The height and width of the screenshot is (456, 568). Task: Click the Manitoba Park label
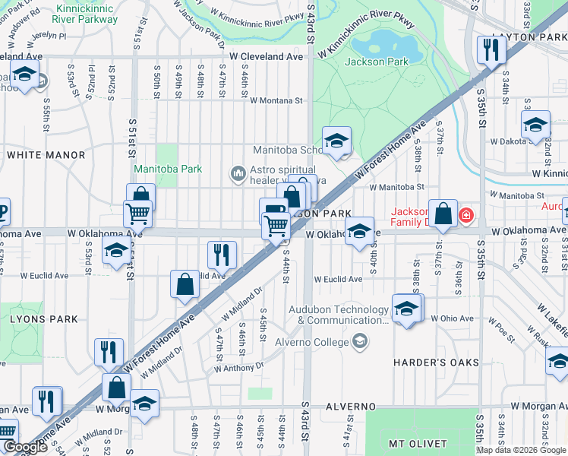coord(168,169)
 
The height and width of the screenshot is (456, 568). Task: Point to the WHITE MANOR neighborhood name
coord(46,155)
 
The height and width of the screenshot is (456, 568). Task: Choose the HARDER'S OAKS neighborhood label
coord(436,363)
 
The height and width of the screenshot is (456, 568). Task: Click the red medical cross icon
coord(465,217)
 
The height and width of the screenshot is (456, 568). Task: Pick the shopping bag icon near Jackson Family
coord(443,213)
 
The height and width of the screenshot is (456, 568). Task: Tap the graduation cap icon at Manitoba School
coord(336,141)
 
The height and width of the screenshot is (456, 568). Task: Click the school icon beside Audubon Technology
coord(407,309)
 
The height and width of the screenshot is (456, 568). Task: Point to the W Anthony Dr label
coord(238,367)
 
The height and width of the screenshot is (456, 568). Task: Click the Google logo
coord(25,448)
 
